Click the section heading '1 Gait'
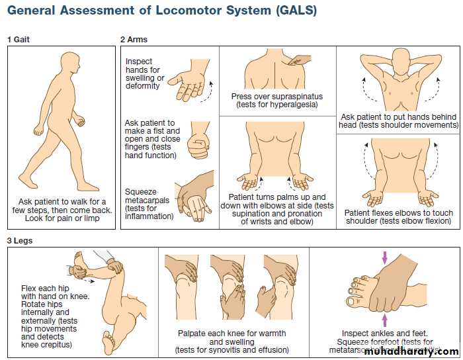(x=19, y=39)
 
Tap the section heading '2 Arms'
(x=134, y=39)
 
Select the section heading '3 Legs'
(x=20, y=241)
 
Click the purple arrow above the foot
(x=384, y=257)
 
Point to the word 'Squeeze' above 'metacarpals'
(x=141, y=192)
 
